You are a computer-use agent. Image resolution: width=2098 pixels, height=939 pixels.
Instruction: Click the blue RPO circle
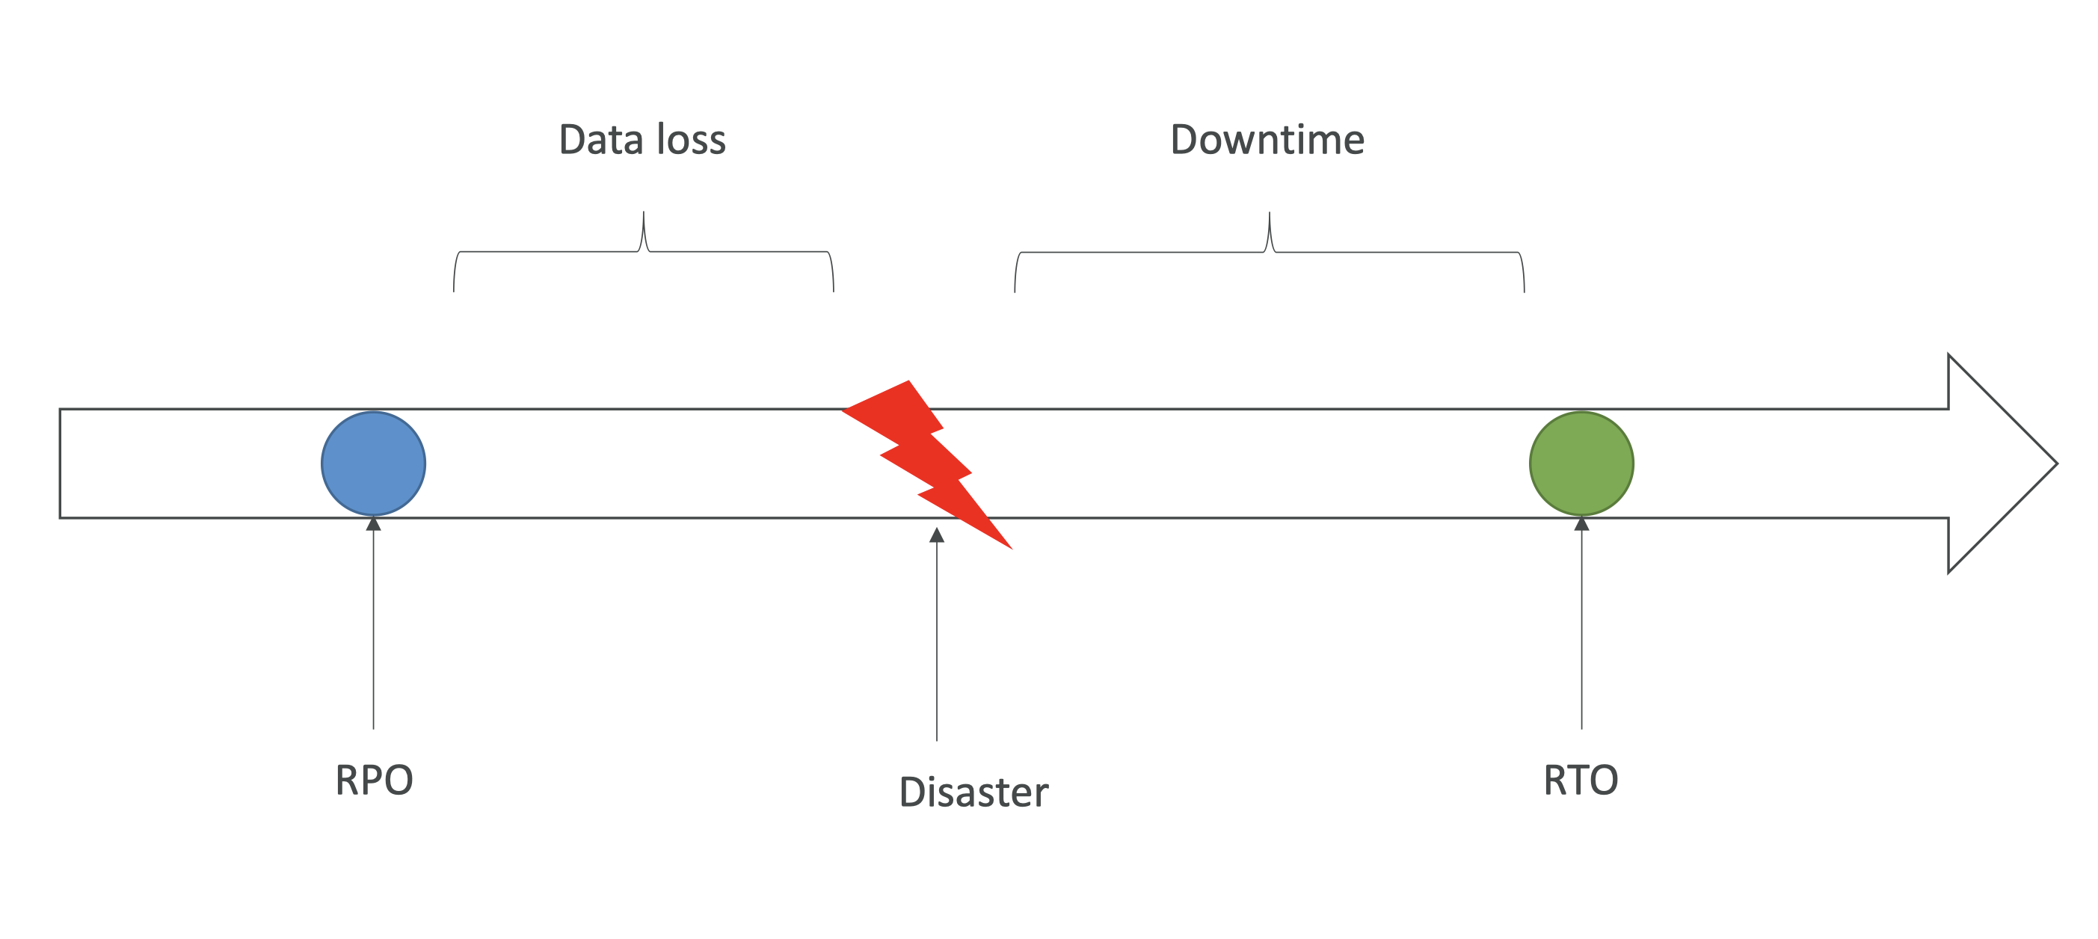(373, 464)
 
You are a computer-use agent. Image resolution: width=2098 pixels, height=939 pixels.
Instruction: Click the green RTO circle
(1581, 464)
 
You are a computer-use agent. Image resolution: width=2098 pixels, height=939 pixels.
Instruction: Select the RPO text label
(374, 781)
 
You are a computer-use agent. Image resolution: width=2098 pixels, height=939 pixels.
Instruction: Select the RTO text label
(1580, 781)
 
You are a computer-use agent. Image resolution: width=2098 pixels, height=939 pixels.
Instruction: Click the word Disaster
(973, 792)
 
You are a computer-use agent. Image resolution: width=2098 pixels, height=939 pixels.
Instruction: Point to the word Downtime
(1267, 139)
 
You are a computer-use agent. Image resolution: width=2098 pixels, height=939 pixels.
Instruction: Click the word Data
(601, 139)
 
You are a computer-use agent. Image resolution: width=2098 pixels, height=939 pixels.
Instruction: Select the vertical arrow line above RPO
(374, 627)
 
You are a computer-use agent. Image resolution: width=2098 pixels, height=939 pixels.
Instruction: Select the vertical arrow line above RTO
(1581, 627)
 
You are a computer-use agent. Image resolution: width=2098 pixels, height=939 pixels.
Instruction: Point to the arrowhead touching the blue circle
(374, 523)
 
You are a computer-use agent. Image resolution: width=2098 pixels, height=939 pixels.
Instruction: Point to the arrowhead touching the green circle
(1581, 523)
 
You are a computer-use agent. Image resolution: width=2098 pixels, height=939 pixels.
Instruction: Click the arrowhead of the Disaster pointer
(937, 535)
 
